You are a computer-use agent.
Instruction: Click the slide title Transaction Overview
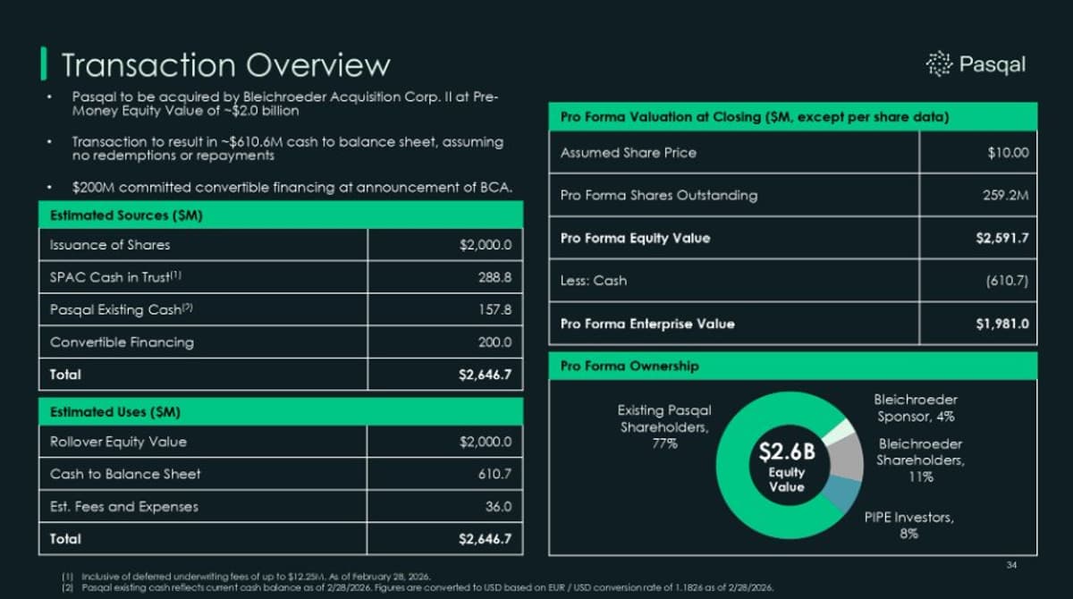[225, 65]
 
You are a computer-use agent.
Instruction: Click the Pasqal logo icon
[939, 63]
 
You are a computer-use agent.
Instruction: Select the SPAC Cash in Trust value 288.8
[494, 277]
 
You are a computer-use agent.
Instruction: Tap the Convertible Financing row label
[122, 342]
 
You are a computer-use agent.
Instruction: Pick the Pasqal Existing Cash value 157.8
[494, 309]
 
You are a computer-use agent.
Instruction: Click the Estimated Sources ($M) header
[125, 215]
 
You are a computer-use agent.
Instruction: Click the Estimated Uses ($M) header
[114, 412]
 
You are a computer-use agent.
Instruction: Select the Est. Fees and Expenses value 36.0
[498, 506]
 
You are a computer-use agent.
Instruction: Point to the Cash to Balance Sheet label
[125, 474]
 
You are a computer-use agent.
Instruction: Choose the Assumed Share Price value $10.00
[1008, 153]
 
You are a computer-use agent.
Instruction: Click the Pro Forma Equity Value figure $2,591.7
[1001, 238]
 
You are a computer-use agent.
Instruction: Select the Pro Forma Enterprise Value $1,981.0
[1001, 324]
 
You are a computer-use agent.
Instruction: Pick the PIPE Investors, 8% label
[908, 525]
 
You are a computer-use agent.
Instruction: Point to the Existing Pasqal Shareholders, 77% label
[663, 426]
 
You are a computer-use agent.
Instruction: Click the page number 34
[1012, 564]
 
